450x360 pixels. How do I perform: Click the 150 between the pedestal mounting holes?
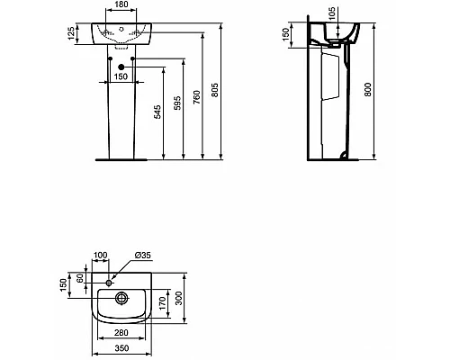click(x=120, y=76)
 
